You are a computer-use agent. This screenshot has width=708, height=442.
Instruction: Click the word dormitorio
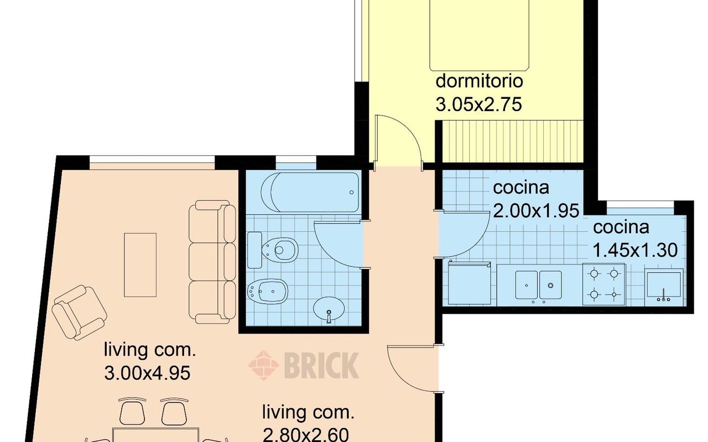click(479, 81)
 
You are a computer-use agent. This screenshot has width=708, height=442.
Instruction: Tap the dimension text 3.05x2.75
click(478, 104)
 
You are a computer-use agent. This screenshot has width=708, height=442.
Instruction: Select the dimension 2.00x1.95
click(536, 211)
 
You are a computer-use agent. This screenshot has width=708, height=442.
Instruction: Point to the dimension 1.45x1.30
click(635, 250)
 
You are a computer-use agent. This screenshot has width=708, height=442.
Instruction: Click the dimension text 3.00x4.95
click(147, 373)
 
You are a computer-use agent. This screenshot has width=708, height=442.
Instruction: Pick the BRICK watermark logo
click(304, 365)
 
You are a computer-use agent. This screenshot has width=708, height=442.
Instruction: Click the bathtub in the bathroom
click(310, 192)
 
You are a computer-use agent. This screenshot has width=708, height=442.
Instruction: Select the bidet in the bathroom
click(267, 291)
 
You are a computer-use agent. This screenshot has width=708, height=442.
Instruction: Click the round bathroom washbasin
click(329, 309)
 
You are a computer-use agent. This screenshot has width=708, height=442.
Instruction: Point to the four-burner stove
click(603, 285)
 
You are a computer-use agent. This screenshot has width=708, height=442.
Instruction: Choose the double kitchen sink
click(539, 285)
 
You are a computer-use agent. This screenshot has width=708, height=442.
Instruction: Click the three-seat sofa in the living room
click(212, 262)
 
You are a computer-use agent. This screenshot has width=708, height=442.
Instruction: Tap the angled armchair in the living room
click(79, 313)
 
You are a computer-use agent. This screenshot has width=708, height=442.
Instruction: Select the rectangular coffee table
click(140, 265)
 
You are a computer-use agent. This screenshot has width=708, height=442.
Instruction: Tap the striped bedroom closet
click(512, 141)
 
